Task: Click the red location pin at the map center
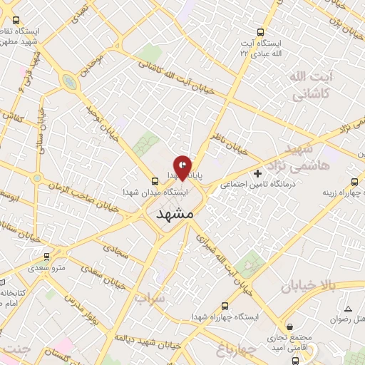(x=182, y=166)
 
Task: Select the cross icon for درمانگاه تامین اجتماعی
(x=258, y=173)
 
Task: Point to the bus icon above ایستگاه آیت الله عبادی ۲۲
(x=259, y=32)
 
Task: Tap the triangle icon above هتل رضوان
(x=348, y=308)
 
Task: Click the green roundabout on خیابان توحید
(x=69, y=82)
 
